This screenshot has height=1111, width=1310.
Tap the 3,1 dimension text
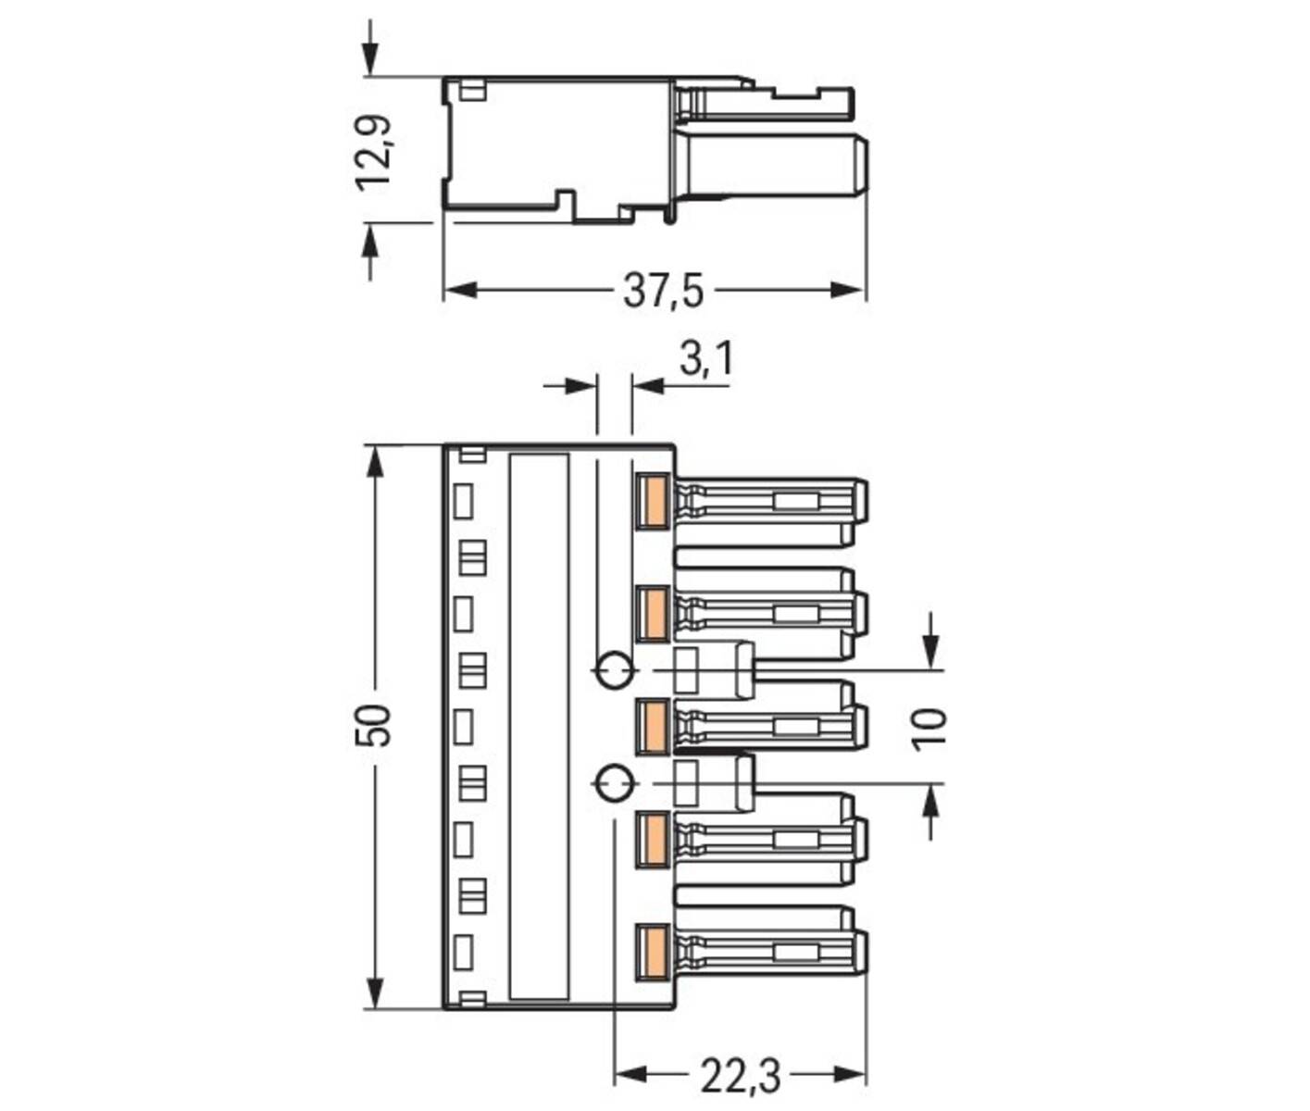pos(705,358)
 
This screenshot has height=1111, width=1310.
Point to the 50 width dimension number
pos(375,725)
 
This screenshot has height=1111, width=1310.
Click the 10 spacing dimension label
pos(930,728)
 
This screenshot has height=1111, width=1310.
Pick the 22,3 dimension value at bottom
pos(740,1076)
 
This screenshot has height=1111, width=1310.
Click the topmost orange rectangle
pos(653,501)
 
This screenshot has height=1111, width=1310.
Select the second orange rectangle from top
pos(653,612)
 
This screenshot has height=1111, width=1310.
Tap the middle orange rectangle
pos(653,725)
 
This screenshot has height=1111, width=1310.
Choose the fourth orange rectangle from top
pos(653,839)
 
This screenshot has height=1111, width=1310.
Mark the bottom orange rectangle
pos(653,950)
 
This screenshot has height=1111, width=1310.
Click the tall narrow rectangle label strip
pos(539,727)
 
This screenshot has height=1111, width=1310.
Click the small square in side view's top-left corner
pos(472,91)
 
